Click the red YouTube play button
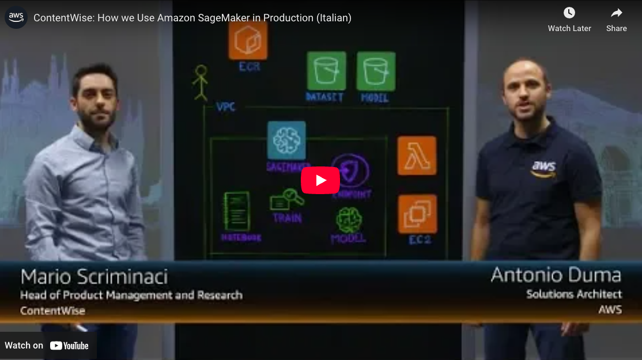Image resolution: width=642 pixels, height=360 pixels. pyautogui.click(x=320, y=180)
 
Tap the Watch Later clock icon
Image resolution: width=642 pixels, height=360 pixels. pyautogui.click(x=569, y=13)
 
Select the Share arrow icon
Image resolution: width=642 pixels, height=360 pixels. pyautogui.click(x=617, y=13)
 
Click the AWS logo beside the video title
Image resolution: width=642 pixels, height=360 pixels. pyautogui.click(x=16, y=17)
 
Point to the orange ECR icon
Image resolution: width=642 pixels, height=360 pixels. pyautogui.click(x=248, y=40)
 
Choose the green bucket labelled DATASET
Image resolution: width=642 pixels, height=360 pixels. pyautogui.click(x=326, y=71)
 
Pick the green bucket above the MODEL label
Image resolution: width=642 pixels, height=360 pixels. pyautogui.click(x=376, y=71)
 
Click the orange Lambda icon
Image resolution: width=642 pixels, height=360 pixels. pyautogui.click(x=417, y=156)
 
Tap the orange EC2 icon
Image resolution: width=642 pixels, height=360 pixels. pyautogui.click(x=417, y=214)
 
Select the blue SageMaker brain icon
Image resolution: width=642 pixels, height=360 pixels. pyautogui.click(x=286, y=140)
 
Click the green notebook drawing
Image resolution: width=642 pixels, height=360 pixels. pyautogui.click(x=236, y=211)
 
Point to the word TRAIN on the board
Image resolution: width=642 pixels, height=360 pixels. pyautogui.click(x=287, y=218)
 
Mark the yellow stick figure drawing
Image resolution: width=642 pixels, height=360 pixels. pyautogui.click(x=200, y=82)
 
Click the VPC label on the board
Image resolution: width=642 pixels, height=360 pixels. pyautogui.click(x=225, y=108)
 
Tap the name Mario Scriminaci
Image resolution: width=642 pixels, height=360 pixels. pyautogui.click(x=94, y=277)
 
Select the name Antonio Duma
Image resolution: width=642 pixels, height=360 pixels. pyautogui.click(x=556, y=275)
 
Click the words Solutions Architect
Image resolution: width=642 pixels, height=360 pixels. pyautogui.click(x=573, y=294)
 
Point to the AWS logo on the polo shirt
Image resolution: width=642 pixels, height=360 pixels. pyautogui.click(x=543, y=168)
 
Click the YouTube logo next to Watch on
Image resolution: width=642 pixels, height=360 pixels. pyautogui.click(x=69, y=346)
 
